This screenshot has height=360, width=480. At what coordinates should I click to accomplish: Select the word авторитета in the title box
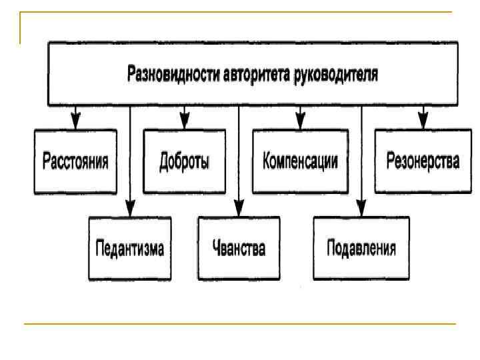[x=255, y=74]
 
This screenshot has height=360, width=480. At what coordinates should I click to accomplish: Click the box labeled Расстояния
[x=75, y=162]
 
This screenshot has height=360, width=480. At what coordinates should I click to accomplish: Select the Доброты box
[x=184, y=162]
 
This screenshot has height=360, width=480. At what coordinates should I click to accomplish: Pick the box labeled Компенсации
[x=300, y=162]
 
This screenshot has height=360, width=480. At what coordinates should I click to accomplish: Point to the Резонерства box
[x=423, y=162]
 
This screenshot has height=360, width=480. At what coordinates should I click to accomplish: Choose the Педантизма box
[x=130, y=249]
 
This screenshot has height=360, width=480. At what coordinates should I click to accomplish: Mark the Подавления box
[x=361, y=249]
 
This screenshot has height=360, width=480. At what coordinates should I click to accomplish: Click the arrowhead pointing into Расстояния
[x=75, y=123]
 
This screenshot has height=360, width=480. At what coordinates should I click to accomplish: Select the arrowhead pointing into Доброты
[x=183, y=123]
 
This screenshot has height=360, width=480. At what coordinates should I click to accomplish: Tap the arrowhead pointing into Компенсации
[x=300, y=123]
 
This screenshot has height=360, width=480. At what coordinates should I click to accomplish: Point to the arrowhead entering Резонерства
[x=422, y=123]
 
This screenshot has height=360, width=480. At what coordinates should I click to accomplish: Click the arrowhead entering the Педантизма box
[x=130, y=209]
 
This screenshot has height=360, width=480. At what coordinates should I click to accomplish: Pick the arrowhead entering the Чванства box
[x=239, y=209]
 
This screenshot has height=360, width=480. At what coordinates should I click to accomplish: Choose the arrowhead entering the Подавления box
[x=361, y=209]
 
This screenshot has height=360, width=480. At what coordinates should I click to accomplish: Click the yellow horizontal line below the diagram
[x=240, y=324]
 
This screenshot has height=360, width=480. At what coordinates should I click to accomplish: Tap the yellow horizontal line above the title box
[x=240, y=13]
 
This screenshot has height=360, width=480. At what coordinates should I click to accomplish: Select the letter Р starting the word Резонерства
[x=391, y=162]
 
